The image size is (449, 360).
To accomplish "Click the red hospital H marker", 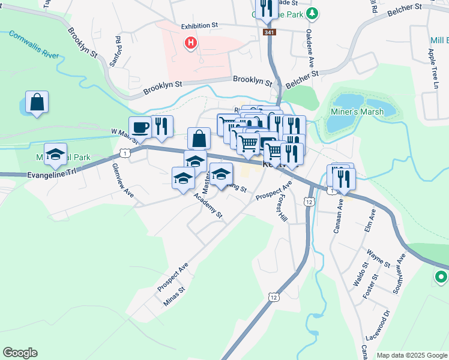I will (x=191, y=43).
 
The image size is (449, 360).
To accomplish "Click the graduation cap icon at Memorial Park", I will (x=56, y=155).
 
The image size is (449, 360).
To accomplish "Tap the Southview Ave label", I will (x=399, y=272).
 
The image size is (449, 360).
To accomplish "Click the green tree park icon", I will (x=312, y=13).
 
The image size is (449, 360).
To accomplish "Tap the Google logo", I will (x=20, y=353).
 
